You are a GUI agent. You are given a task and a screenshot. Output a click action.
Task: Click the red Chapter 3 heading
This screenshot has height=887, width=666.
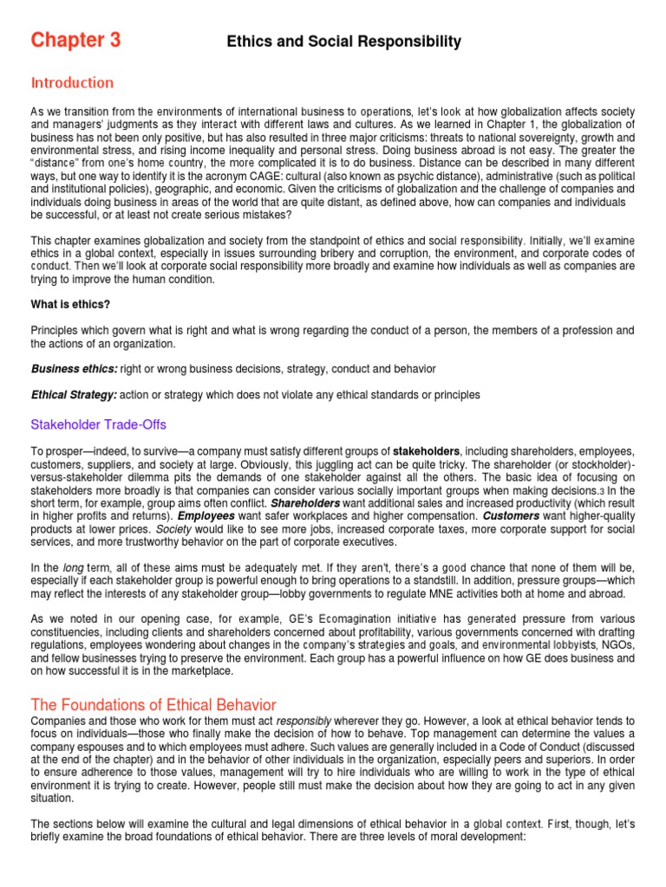click(75, 40)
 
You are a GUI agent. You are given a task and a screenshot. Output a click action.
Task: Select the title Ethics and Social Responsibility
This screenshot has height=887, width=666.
click(343, 42)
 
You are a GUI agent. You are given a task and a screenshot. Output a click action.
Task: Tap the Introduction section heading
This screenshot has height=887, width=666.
click(72, 83)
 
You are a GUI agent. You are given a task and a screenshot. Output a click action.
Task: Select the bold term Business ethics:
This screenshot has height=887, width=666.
click(74, 369)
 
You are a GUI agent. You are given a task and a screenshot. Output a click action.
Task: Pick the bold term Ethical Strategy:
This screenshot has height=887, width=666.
click(74, 395)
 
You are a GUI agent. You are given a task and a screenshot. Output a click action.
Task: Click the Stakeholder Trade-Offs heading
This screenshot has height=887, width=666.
click(98, 424)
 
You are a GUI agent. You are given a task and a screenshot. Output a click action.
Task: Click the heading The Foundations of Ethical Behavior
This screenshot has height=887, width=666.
click(153, 705)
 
